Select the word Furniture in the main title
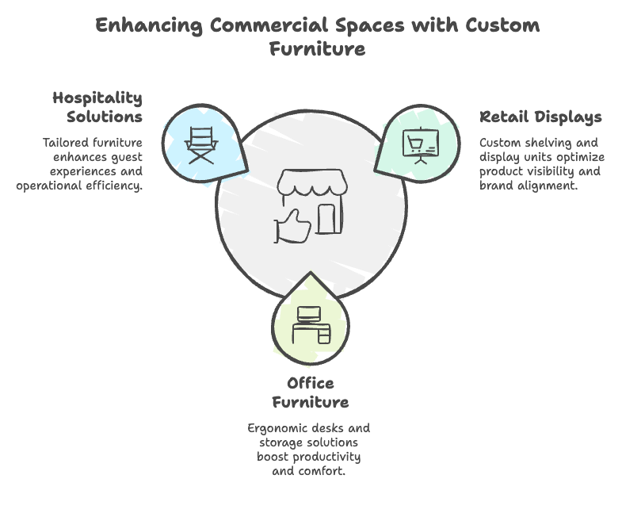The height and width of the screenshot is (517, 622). [317, 48]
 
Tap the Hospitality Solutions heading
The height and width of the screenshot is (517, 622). [97, 107]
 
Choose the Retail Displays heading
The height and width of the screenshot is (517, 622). [540, 117]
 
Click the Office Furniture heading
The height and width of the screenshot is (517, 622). [311, 393]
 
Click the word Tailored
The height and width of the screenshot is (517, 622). [67, 143]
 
